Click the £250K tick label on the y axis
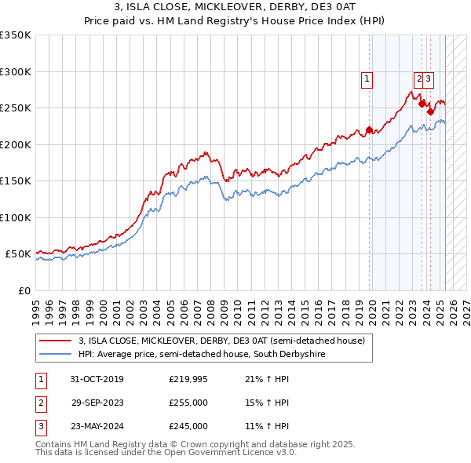tap(16, 108)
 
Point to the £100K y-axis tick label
tap(16, 217)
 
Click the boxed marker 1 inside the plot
tap(367, 78)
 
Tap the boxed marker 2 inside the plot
tap(419, 78)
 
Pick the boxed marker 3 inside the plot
tap(429, 78)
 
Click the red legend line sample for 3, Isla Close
tap(55, 341)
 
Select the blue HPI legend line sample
tap(55, 355)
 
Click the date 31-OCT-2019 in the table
tap(97, 380)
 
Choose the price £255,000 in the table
tap(188, 403)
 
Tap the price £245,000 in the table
tap(188, 427)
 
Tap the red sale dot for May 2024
tap(430, 111)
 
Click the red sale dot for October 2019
tap(370, 130)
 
